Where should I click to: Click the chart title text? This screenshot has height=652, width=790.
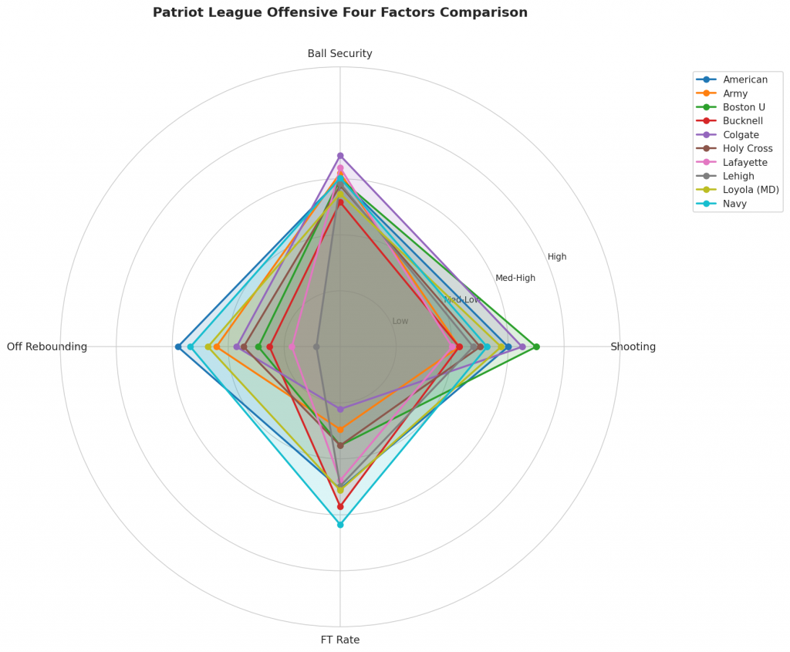(340, 12)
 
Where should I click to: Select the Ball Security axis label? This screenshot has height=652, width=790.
(340, 53)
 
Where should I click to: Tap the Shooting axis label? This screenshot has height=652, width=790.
(633, 346)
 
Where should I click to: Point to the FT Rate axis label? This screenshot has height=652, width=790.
(340, 640)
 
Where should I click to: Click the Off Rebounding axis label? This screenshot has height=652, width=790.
(47, 346)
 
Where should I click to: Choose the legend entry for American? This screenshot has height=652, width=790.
(745, 79)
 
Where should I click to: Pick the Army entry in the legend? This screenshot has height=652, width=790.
(736, 93)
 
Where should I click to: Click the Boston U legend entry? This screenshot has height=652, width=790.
(744, 107)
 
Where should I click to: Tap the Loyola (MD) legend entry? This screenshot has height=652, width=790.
(751, 190)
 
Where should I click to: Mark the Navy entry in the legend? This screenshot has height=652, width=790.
(736, 204)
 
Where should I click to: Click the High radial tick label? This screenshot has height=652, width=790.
(557, 257)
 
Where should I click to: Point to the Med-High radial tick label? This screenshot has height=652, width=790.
(515, 278)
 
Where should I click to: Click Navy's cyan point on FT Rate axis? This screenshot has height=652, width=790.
(340, 524)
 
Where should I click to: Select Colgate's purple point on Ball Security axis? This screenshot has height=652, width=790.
(340, 156)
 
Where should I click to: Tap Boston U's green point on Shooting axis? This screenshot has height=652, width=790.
(536, 346)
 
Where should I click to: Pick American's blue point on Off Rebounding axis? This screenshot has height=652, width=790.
(178, 346)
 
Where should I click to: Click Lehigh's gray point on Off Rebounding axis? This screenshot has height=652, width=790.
(316, 346)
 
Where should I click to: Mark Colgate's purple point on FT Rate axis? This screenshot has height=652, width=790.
(340, 409)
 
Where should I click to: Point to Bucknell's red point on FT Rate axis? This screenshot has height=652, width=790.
(340, 506)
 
